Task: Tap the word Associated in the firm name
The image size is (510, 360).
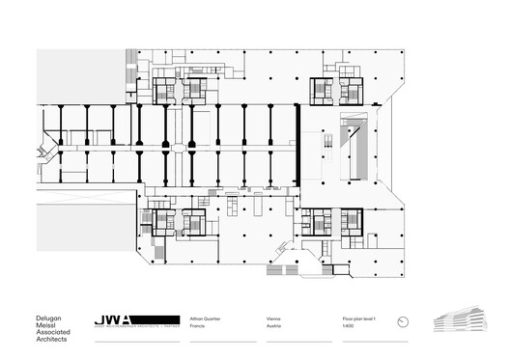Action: tap(25, 334)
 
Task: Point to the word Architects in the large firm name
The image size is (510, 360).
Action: tap(23, 344)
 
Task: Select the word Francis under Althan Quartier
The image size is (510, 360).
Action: tap(198, 328)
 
